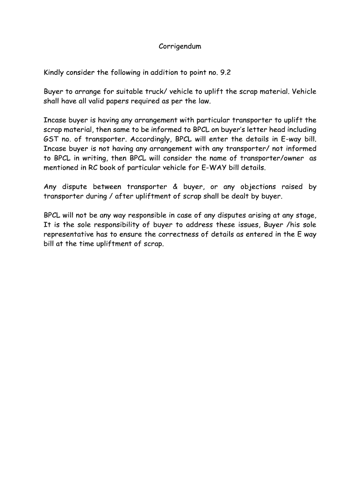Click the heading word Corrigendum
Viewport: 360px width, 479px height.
coord(180,46)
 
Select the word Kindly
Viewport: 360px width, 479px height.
coord(55,73)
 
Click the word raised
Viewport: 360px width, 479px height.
coord(292,187)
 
